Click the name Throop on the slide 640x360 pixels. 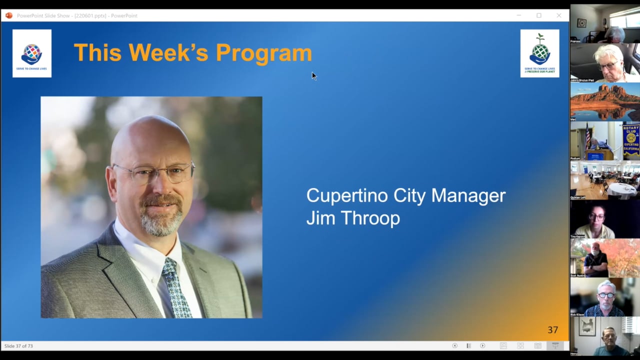(375, 218)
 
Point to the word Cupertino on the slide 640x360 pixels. (347, 195)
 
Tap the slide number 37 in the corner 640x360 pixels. (552, 330)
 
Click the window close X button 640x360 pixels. (559, 15)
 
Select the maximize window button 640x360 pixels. (539, 15)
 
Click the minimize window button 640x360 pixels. (519, 15)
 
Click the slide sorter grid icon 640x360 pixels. (520, 345)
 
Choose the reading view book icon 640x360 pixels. (537, 345)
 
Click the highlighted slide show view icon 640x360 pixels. (555, 345)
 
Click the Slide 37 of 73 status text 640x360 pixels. (18, 346)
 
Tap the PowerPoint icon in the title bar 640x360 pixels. (8, 15)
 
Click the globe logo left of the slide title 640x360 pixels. (32, 53)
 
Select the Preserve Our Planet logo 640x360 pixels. (539, 53)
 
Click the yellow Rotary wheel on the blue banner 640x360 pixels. (631, 137)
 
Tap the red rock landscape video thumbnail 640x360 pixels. (604, 101)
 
